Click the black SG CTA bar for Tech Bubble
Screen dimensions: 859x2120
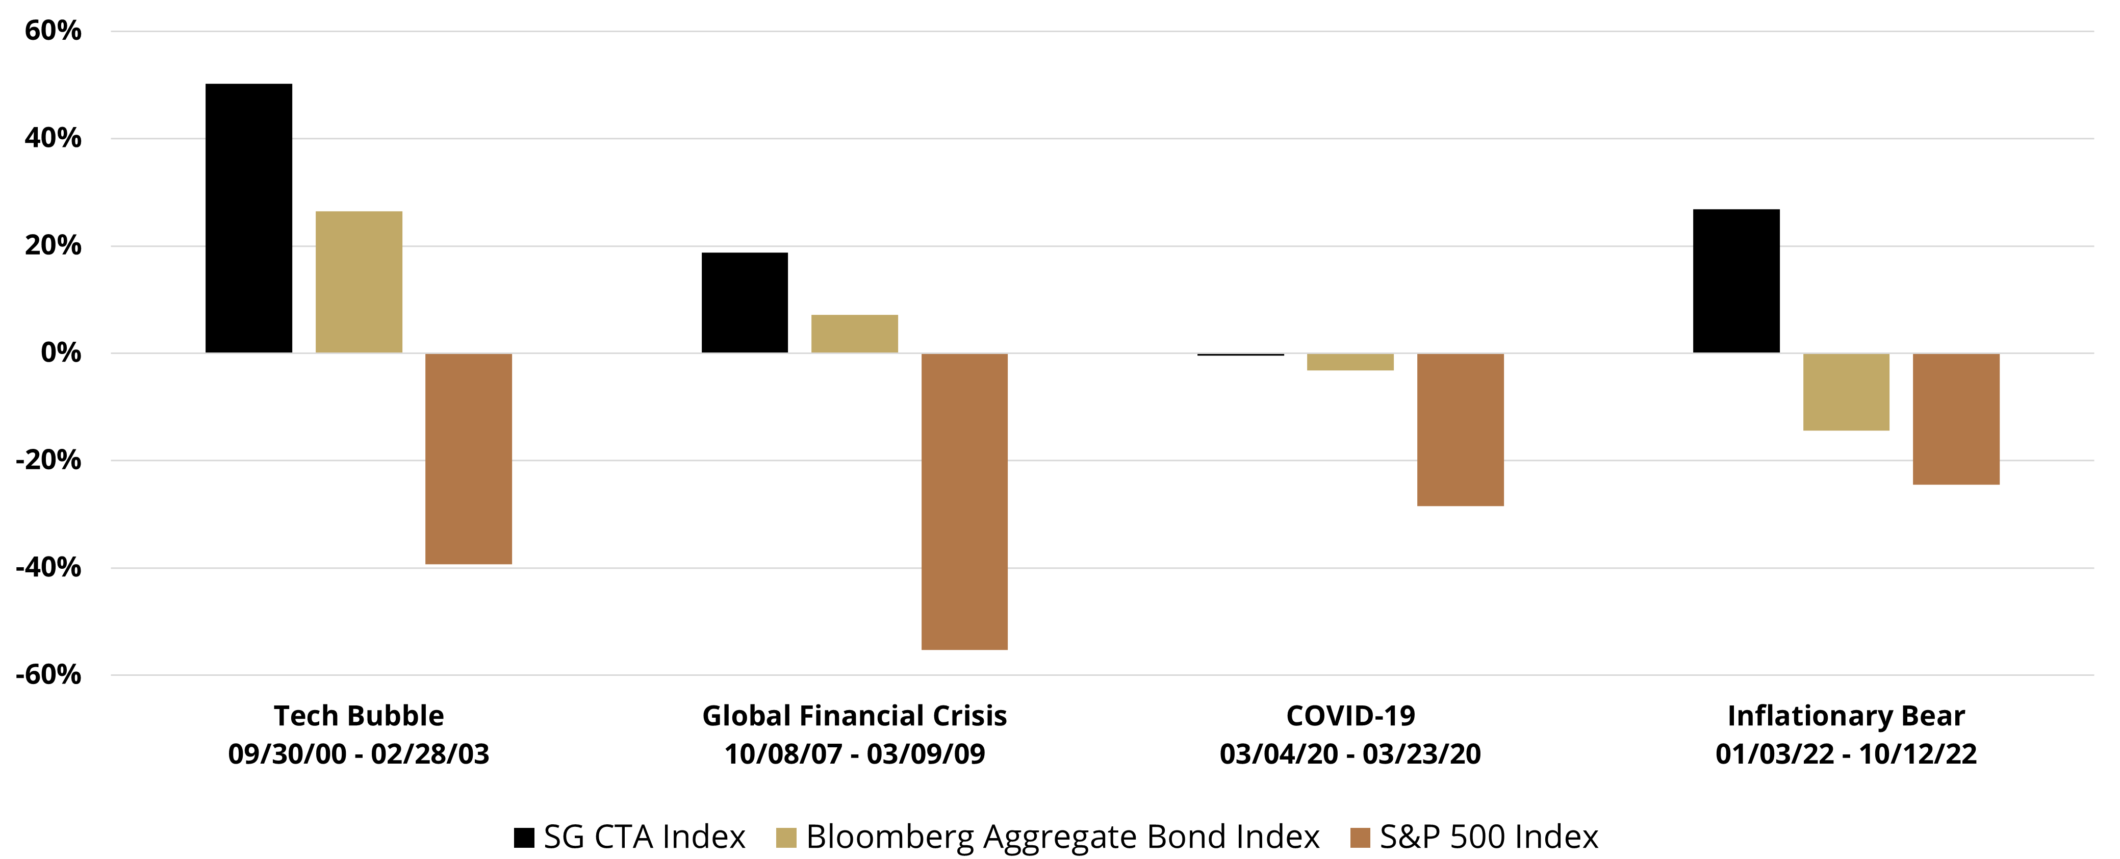[x=248, y=218]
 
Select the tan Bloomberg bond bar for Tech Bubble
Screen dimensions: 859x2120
[x=359, y=282]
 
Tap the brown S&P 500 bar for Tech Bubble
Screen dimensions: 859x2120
[x=468, y=458]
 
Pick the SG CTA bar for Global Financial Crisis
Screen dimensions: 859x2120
[x=744, y=303]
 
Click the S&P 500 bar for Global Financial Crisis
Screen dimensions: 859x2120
[x=964, y=501]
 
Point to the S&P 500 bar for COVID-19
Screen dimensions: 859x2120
[x=1460, y=429]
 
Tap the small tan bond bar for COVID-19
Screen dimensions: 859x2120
[x=1350, y=362]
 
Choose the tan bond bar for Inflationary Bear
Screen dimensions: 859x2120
[x=1846, y=392]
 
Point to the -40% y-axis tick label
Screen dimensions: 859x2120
[x=48, y=568]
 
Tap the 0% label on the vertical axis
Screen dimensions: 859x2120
[x=61, y=353]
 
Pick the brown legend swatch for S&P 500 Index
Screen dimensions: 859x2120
[x=1361, y=838]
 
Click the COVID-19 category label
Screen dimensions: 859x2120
[x=1350, y=716]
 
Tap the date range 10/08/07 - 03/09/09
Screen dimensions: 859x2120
[x=854, y=754]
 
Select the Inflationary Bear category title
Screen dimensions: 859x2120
[x=1846, y=716]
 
